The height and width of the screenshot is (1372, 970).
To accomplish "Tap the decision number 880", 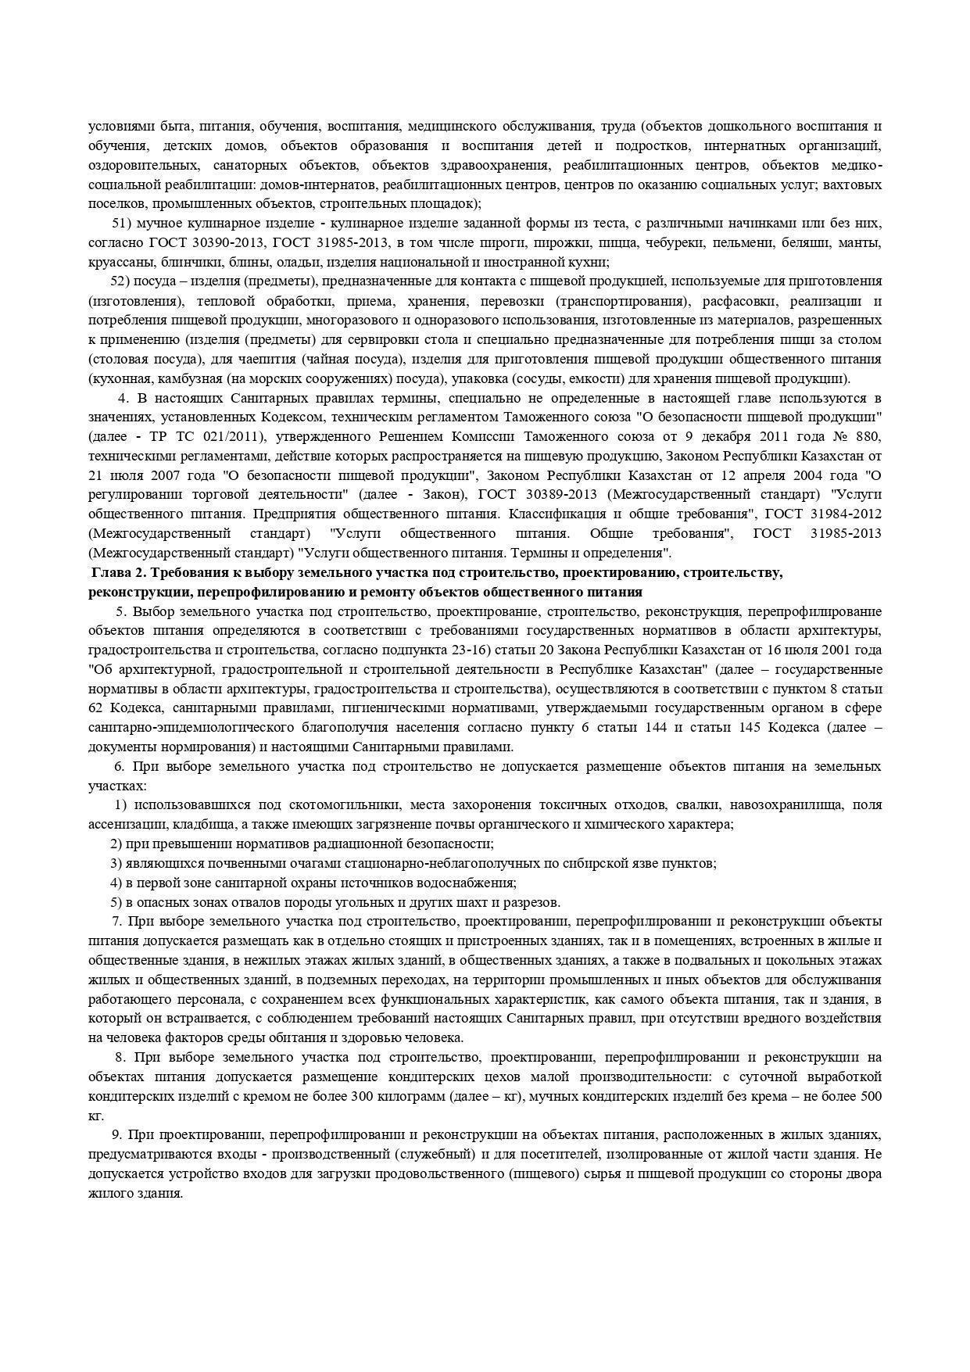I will click(x=868, y=437).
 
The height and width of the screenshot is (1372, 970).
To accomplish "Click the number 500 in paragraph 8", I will click(x=871, y=1097).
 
